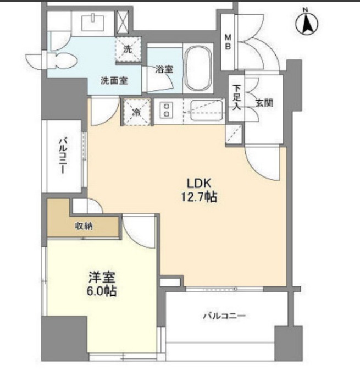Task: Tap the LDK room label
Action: pos(199,184)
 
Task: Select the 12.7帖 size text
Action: pos(199,197)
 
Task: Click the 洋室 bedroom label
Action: pos(102,277)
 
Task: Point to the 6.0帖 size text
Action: pos(102,291)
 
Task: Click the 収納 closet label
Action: pos(84,226)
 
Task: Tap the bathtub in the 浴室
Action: pos(197,68)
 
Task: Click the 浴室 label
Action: pos(164,69)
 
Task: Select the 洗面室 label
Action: pos(114,81)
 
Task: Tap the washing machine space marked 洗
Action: pos(128,49)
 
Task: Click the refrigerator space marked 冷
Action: pos(137,112)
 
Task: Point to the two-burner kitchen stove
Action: pos(167,110)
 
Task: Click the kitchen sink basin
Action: pos(207,111)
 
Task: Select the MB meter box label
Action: pos(228,42)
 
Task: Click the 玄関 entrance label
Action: pos(264,103)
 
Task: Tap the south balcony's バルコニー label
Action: pos(224,316)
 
